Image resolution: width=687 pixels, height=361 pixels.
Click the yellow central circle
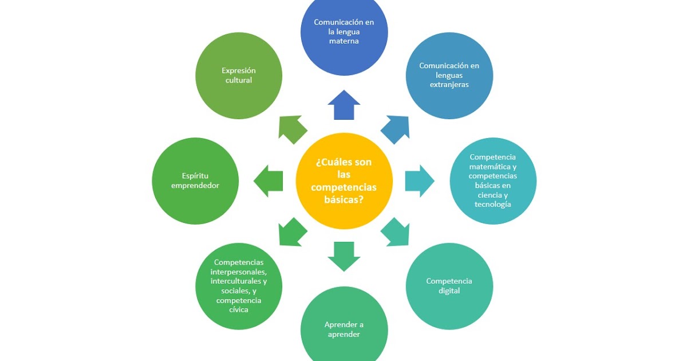point(344,181)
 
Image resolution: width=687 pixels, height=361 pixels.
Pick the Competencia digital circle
point(449,286)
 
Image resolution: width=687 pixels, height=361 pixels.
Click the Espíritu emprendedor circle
point(195,181)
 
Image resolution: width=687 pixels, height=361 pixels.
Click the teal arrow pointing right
point(419,181)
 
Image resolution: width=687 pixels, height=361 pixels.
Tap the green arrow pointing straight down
point(344,256)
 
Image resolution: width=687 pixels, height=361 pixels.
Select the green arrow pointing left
point(269,181)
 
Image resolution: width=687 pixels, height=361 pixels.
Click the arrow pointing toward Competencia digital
point(396,232)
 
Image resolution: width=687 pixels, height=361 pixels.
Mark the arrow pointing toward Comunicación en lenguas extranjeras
point(396,129)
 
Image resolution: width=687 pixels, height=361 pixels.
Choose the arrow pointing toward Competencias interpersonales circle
point(292,232)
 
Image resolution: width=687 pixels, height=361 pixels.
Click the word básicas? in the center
point(344,201)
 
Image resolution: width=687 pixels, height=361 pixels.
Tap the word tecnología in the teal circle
point(492,205)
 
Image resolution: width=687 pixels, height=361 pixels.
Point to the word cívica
point(239,310)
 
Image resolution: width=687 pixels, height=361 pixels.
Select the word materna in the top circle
point(344,41)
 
